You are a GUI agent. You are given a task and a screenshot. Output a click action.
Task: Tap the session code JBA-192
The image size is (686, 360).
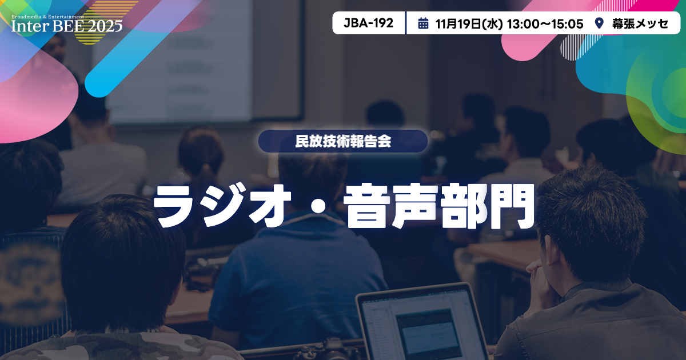click(369, 23)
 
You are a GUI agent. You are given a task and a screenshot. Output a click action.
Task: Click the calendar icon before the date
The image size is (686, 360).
click(423, 23)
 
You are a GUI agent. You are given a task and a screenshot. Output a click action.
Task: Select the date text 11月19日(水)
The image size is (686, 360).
click(468, 23)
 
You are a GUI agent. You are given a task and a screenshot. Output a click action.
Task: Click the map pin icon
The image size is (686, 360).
click(599, 23)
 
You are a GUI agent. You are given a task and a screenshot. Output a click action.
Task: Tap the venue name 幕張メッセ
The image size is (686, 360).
click(640, 23)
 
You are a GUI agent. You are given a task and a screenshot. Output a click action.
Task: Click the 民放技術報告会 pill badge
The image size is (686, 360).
click(342, 141)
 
